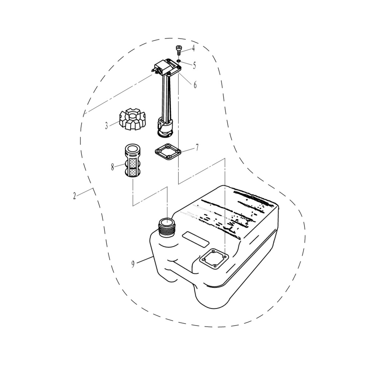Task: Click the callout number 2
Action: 74,196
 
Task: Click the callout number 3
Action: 106,126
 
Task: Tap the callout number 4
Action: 193,49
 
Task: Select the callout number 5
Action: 194,65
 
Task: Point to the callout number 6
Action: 195,85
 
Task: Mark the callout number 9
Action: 133,264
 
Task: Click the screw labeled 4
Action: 178,50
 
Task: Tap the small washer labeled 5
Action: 178,61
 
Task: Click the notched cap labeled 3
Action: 133,119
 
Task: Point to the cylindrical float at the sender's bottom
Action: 165,128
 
